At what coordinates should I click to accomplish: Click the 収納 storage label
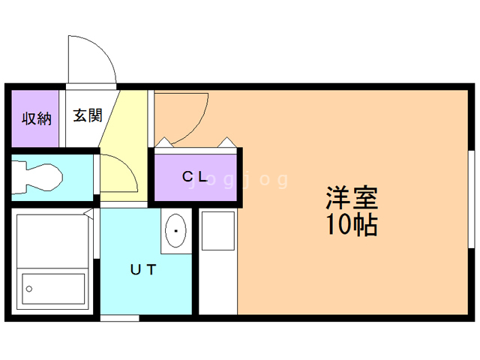coord(37,118)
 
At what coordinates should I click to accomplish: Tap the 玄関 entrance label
coord(88,115)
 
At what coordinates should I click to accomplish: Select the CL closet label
coord(195,176)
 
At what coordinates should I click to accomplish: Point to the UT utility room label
coord(143,269)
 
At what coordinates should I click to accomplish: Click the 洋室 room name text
coord(352,198)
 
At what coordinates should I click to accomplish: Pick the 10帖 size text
coord(352,224)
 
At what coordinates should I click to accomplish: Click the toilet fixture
coord(37,178)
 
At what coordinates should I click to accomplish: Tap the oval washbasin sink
coord(175,230)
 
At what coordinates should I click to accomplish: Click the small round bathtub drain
coord(29,289)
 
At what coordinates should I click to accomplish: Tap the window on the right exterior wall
coord(472,199)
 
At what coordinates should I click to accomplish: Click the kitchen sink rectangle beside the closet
coord(218,230)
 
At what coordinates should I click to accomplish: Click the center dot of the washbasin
coord(175,231)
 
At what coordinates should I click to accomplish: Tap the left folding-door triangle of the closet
coord(164,142)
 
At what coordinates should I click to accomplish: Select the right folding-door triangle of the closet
coord(226,142)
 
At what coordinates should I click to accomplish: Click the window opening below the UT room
coord(120,318)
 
